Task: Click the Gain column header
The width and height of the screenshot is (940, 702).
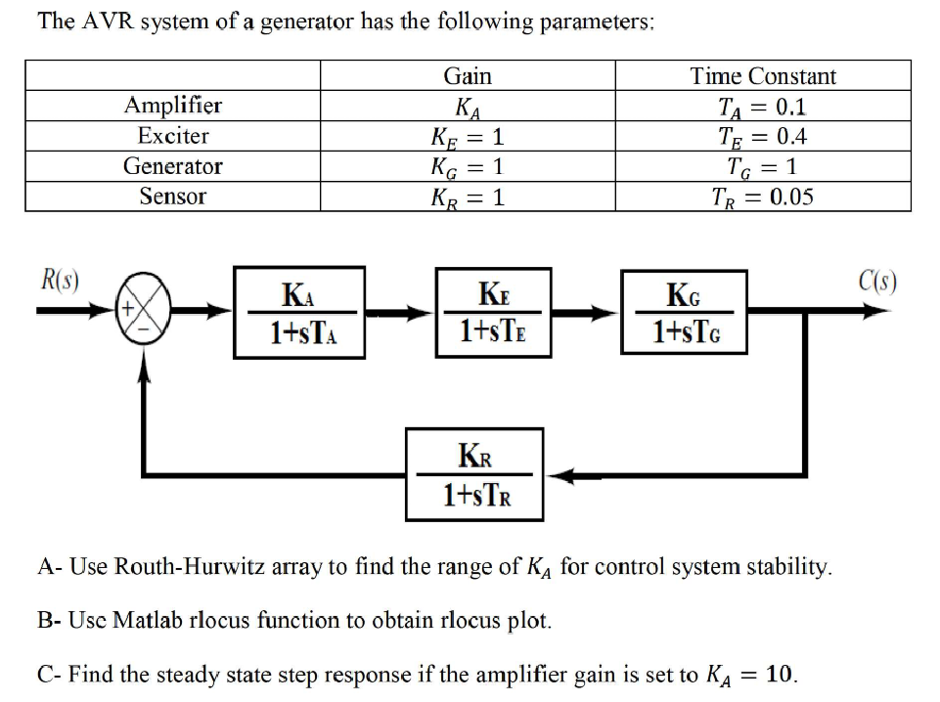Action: pyautogui.click(x=468, y=76)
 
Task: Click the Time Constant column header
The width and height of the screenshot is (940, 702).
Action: pyautogui.click(x=763, y=76)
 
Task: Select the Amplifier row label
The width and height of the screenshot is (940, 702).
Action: pyautogui.click(x=173, y=106)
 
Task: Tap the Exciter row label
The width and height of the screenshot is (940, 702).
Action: pyautogui.click(x=173, y=136)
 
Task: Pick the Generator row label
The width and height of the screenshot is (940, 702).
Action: pyautogui.click(x=173, y=166)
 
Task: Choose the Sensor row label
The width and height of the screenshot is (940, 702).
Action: pyautogui.click(x=173, y=197)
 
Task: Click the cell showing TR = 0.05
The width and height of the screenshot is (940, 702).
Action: pyautogui.click(x=763, y=197)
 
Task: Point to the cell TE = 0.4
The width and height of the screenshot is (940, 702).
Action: pyautogui.click(x=763, y=137)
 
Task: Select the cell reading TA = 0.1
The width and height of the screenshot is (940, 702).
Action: pyautogui.click(x=763, y=107)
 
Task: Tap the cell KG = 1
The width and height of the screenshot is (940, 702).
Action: pyautogui.click(x=468, y=167)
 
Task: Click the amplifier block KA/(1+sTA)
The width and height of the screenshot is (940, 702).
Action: pyautogui.click(x=302, y=313)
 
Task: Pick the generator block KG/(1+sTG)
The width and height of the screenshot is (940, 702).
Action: pyautogui.click(x=686, y=313)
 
